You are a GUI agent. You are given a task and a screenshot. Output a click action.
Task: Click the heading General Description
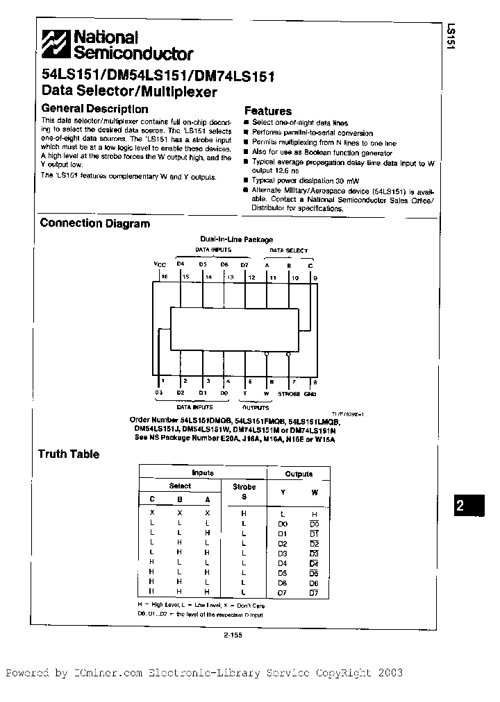[x=94, y=109]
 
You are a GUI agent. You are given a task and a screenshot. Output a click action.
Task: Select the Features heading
[x=268, y=111]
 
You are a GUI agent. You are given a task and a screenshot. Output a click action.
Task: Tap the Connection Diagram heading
[x=95, y=223]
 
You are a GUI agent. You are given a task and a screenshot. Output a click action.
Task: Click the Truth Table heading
[x=69, y=454]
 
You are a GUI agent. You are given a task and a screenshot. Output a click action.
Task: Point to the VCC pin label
[x=160, y=264]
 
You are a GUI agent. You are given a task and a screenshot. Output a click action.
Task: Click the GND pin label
[x=310, y=393]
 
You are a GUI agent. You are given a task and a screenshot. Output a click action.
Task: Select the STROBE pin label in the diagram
[x=289, y=393]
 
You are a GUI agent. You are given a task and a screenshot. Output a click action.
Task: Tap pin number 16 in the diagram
[x=165, y=276]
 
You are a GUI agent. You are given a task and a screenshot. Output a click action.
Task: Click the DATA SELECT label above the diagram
[x=289, y=249]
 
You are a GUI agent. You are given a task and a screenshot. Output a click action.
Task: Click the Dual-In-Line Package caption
[x=237, y=239]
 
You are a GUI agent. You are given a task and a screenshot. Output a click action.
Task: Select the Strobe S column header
[x=244, y=492]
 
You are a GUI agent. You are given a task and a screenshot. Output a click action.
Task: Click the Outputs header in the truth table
[x=299, y=474]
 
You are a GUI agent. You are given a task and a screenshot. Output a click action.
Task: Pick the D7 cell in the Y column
[x=283, y=592]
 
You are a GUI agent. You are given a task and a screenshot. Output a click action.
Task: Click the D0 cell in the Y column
[x=283, y=523]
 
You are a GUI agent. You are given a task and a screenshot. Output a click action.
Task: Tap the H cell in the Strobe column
[x=244, y=513]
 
